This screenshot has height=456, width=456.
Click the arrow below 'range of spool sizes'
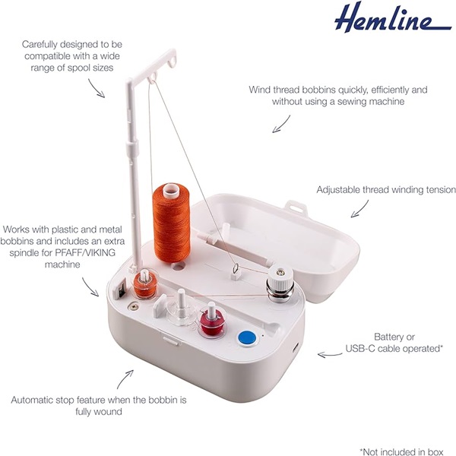pyautogui.click(x=100, y=87)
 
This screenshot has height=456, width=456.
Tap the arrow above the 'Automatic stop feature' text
pyautogui.click(x=125, y=376)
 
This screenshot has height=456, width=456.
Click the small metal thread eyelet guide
pyautogui.click(x=235, y=268)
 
